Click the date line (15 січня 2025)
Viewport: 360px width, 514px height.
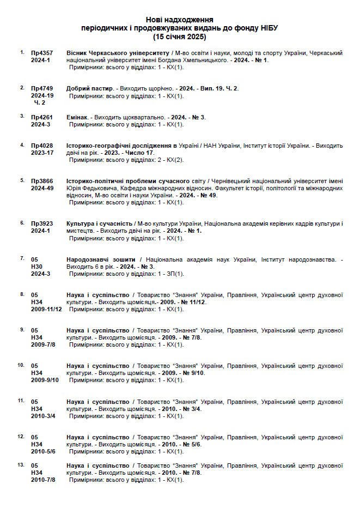tap(179, 37)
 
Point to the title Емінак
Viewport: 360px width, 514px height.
tap(77, 117)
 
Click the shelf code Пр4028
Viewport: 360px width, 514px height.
tap(42, 146)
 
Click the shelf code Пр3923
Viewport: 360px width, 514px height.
tap(42, 223)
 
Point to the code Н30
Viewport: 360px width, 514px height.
tap(36, 267)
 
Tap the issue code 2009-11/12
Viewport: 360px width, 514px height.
tap(46, 309)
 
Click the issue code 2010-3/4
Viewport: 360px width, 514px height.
tap(44, 415)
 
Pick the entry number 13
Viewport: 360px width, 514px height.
tap(21, 464)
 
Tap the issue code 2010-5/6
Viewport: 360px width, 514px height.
tap(44, 451)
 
